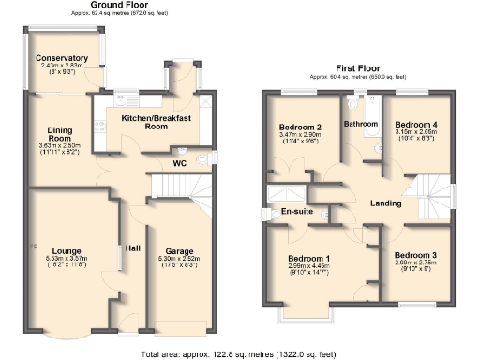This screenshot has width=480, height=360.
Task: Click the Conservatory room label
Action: point(62,59)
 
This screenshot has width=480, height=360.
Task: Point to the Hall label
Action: point(133,248)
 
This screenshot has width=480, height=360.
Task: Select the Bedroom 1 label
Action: point(308,258)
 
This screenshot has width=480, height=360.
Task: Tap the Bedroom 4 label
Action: point(414,124)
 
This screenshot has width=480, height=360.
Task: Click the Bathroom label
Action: point(360,124)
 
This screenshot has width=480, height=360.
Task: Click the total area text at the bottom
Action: point(239,354)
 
